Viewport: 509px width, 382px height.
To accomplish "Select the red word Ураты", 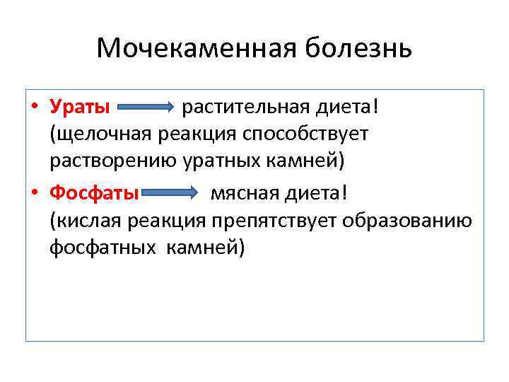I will click(x=80, y=108).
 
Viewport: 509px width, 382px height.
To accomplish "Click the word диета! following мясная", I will click(x=315, y=193).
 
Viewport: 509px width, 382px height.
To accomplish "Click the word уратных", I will click(x=224, y=161).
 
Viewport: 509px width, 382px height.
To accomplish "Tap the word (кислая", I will click(x=86, y=221).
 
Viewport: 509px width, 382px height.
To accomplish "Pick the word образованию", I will click(x=407, y=221).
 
